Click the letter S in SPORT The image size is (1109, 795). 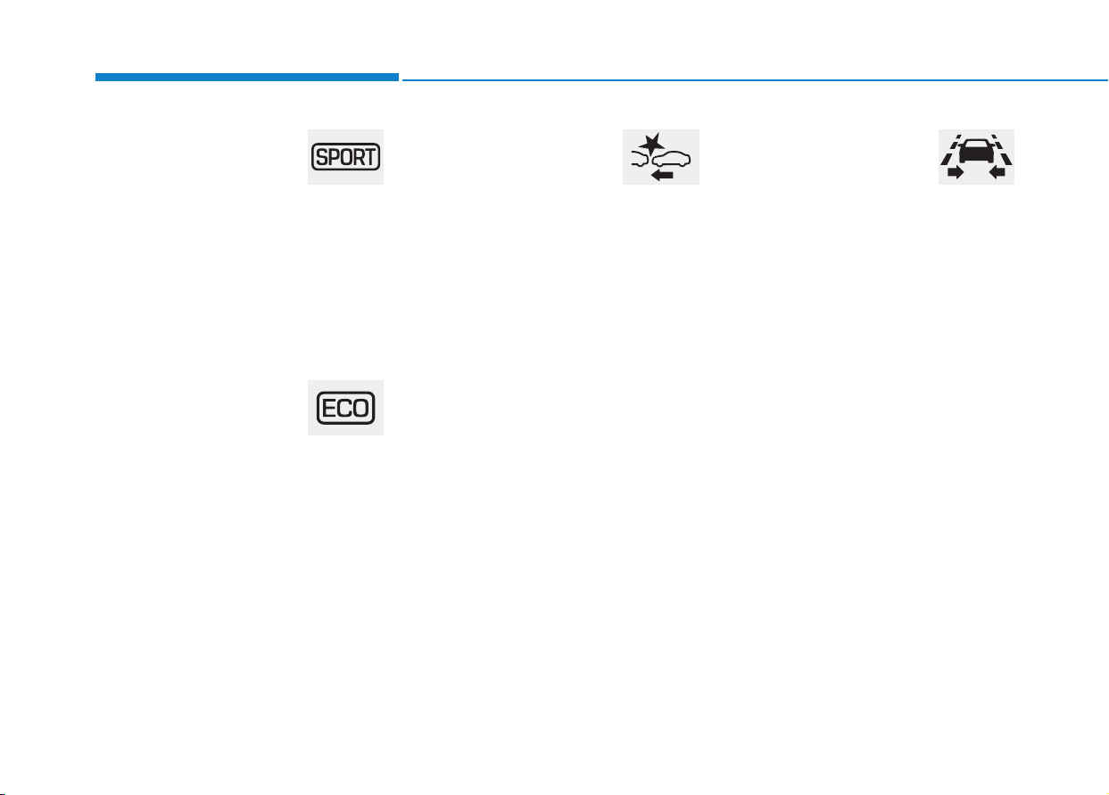coord(321,157)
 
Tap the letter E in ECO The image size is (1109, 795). coord(329,409)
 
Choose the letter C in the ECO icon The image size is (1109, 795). coord(343,409)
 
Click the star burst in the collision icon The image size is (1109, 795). coord(651,143)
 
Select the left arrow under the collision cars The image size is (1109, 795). coord(662,174)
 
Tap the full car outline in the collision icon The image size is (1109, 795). coord(672,159)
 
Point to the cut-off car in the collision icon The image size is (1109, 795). coord(640,160)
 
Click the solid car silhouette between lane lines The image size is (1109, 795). coord(976,151)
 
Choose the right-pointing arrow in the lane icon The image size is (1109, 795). coord(955,172)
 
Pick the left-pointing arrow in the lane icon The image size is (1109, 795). coord(997,172)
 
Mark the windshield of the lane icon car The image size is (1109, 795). coord(976,144)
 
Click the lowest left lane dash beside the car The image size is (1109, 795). coord(946,159)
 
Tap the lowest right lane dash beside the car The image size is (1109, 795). coord(1006,159)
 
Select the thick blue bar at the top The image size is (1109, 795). coord(247,78)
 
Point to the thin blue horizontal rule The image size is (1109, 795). coord(755,79)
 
